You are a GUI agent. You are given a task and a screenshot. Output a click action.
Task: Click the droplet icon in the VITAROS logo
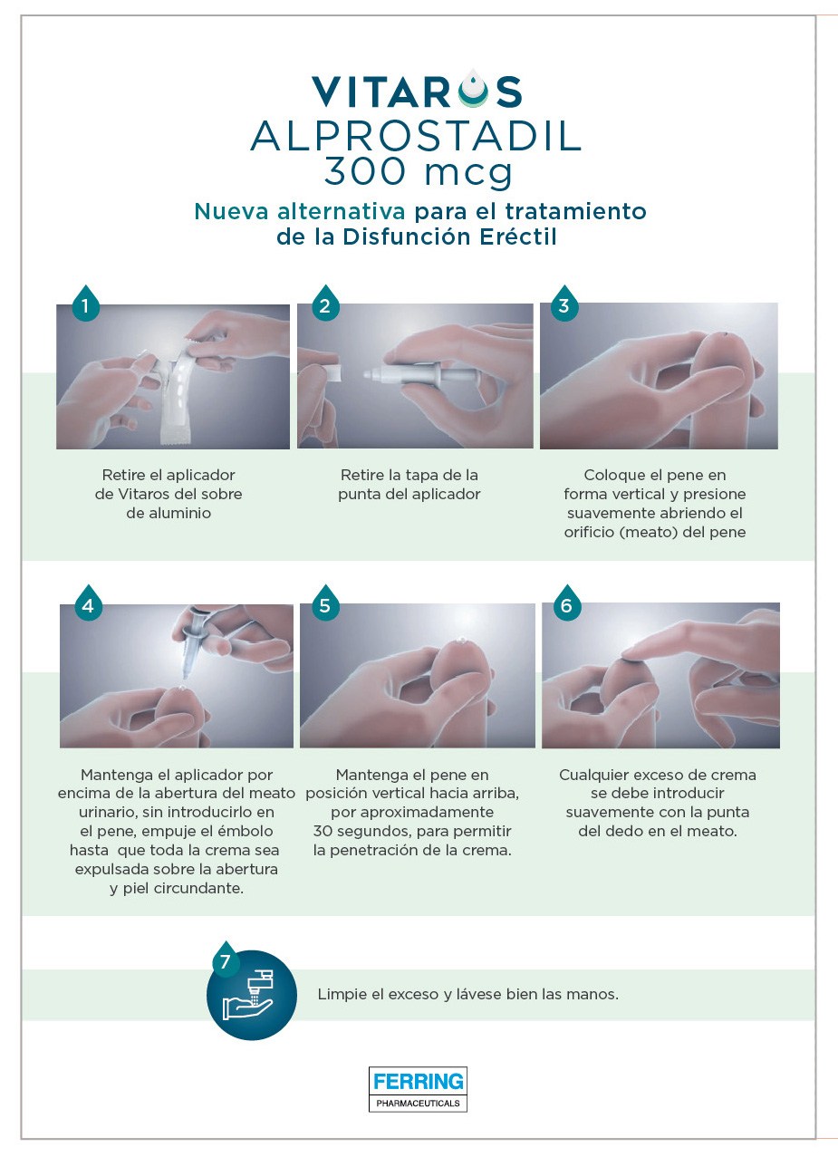pyautogui.click(x=473, y=88)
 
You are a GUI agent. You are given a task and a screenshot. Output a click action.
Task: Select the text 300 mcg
pyautogui.click(x=419, y=172)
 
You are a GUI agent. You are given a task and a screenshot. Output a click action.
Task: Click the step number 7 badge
pyautogui.click(x=226, y=959)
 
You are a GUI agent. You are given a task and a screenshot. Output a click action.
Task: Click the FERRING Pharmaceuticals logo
pyautogui.click(x=418, y=1089)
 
